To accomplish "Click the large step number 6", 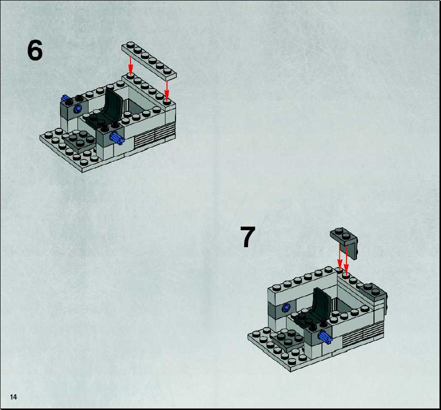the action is [x=35, y=50].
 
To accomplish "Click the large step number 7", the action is [x=247, y=237].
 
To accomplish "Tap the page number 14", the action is [x=13, y=397].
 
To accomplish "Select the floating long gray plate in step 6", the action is [x=149, y=60].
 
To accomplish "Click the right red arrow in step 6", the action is [x=167, y=90].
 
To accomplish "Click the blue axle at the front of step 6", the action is [x=116, y=138].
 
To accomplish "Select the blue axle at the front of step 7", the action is [x=325, y=337].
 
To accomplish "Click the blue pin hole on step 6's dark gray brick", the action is [x=77, y=109].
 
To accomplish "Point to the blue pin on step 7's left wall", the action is [x=286, y=308].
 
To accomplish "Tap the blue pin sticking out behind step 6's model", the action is [x=65, y=98].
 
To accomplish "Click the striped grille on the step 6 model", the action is [x=154, y=135].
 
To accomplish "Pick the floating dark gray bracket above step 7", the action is [x=345, y=242].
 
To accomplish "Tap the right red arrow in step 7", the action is [x=346, y=260].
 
